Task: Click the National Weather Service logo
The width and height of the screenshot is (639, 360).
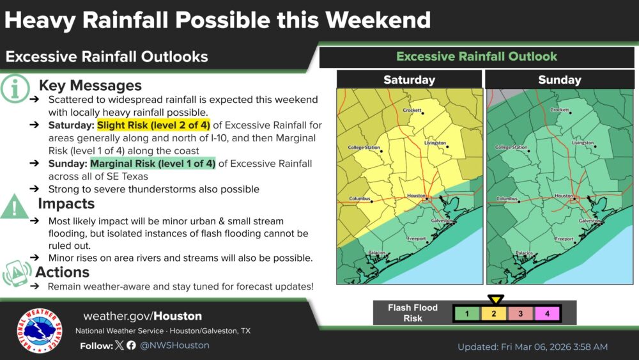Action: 40,331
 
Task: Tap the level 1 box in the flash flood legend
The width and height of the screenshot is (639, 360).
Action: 467,313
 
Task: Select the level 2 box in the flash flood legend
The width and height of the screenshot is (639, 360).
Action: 494,313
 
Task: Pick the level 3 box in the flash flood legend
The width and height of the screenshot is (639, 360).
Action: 520,313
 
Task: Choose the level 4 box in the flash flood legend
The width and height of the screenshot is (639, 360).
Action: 547,313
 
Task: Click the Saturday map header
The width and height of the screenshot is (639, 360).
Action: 409,80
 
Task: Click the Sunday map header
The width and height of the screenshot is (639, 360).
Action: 559,80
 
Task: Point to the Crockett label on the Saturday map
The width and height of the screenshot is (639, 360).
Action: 412,111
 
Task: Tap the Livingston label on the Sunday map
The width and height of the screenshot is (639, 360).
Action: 583,143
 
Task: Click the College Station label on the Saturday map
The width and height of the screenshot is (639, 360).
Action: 364,148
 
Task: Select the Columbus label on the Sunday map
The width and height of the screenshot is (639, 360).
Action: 507,199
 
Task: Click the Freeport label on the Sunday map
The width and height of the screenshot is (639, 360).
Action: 564,239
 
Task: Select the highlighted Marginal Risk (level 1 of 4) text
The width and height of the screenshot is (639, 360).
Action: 153,163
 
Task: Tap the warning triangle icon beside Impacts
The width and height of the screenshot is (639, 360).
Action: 14,206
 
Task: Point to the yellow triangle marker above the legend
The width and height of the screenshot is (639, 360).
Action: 496,299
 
